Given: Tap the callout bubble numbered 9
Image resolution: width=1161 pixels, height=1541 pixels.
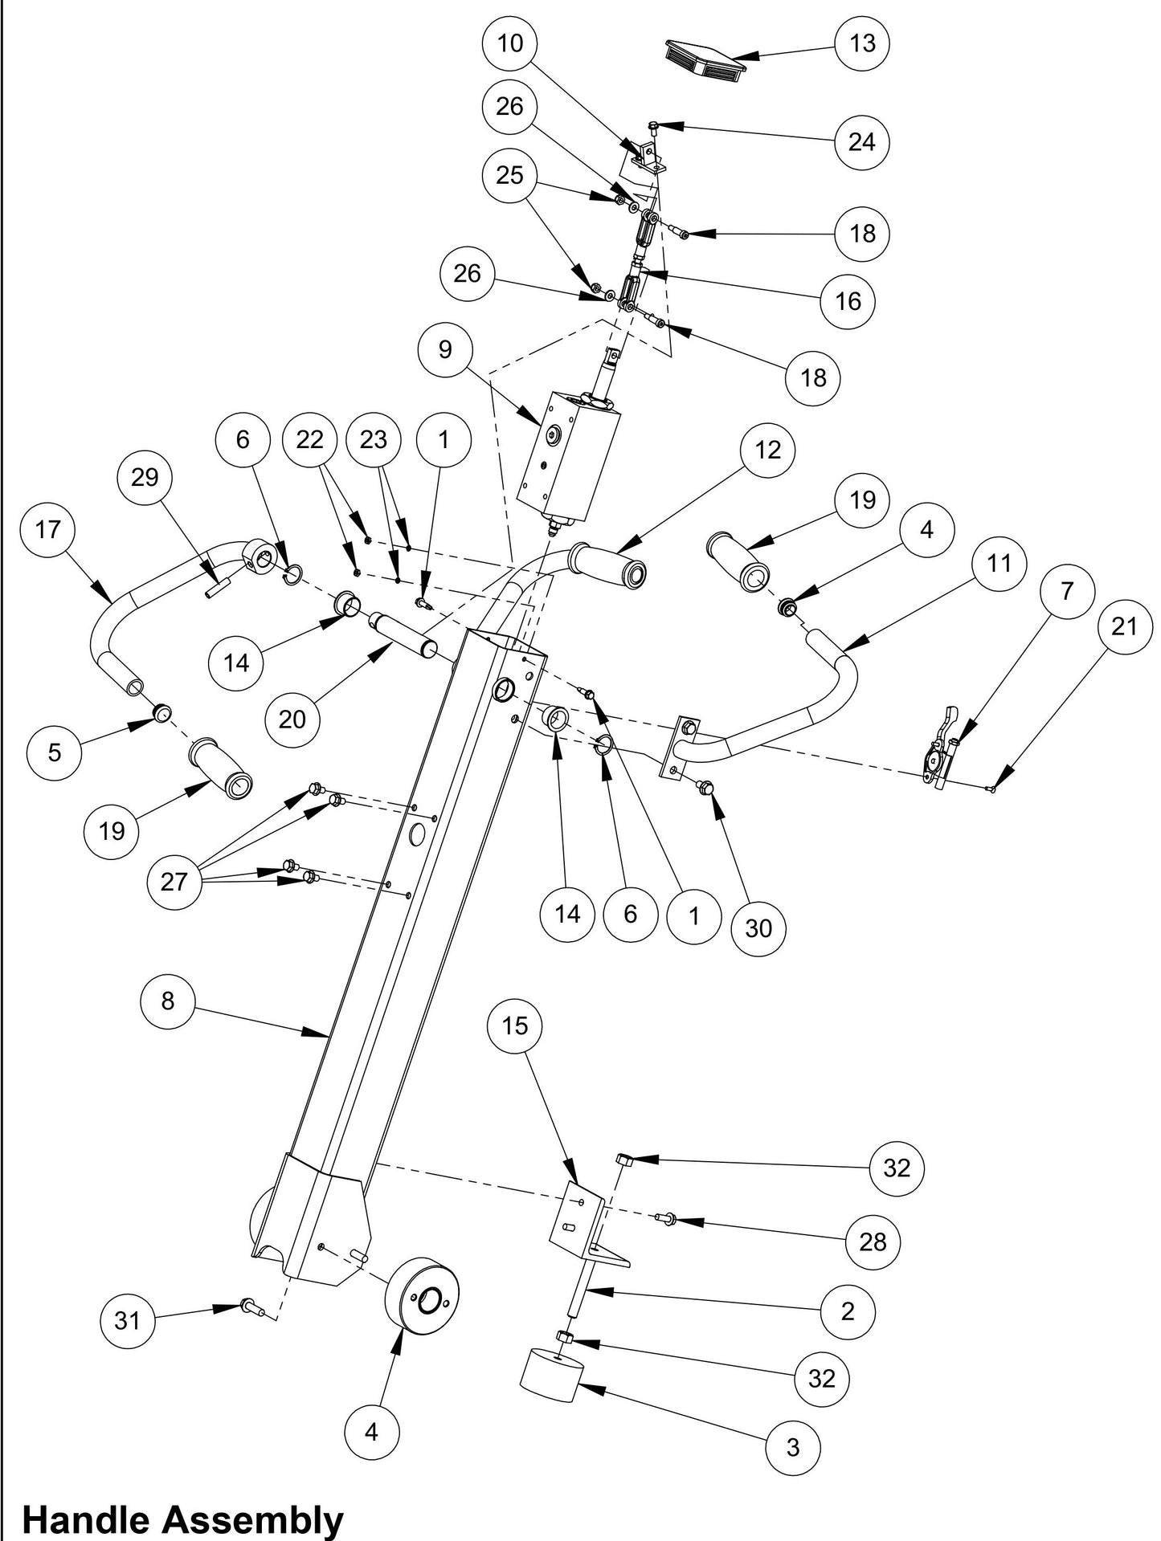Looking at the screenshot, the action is click(445, 349).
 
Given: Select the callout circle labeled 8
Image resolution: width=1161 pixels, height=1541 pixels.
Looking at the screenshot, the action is click(167, 1001).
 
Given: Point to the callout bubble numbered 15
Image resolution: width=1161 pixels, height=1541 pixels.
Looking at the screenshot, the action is click(515, 1025).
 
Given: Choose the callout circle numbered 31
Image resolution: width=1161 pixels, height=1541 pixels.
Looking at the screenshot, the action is click(128, 1320).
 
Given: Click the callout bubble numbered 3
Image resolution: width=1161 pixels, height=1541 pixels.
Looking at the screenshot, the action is click(793, 1447).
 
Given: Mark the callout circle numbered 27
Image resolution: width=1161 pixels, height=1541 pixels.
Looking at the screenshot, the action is click(174, 882).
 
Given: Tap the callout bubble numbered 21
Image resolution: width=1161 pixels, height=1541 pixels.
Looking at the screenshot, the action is click(1124, 625).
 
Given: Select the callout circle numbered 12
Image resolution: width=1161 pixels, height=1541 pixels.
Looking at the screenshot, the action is click(767, 450).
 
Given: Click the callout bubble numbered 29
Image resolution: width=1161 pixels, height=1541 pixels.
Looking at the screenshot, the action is click(145, 477).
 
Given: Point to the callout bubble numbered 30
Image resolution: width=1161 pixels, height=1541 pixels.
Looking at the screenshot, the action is click(758, 927).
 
